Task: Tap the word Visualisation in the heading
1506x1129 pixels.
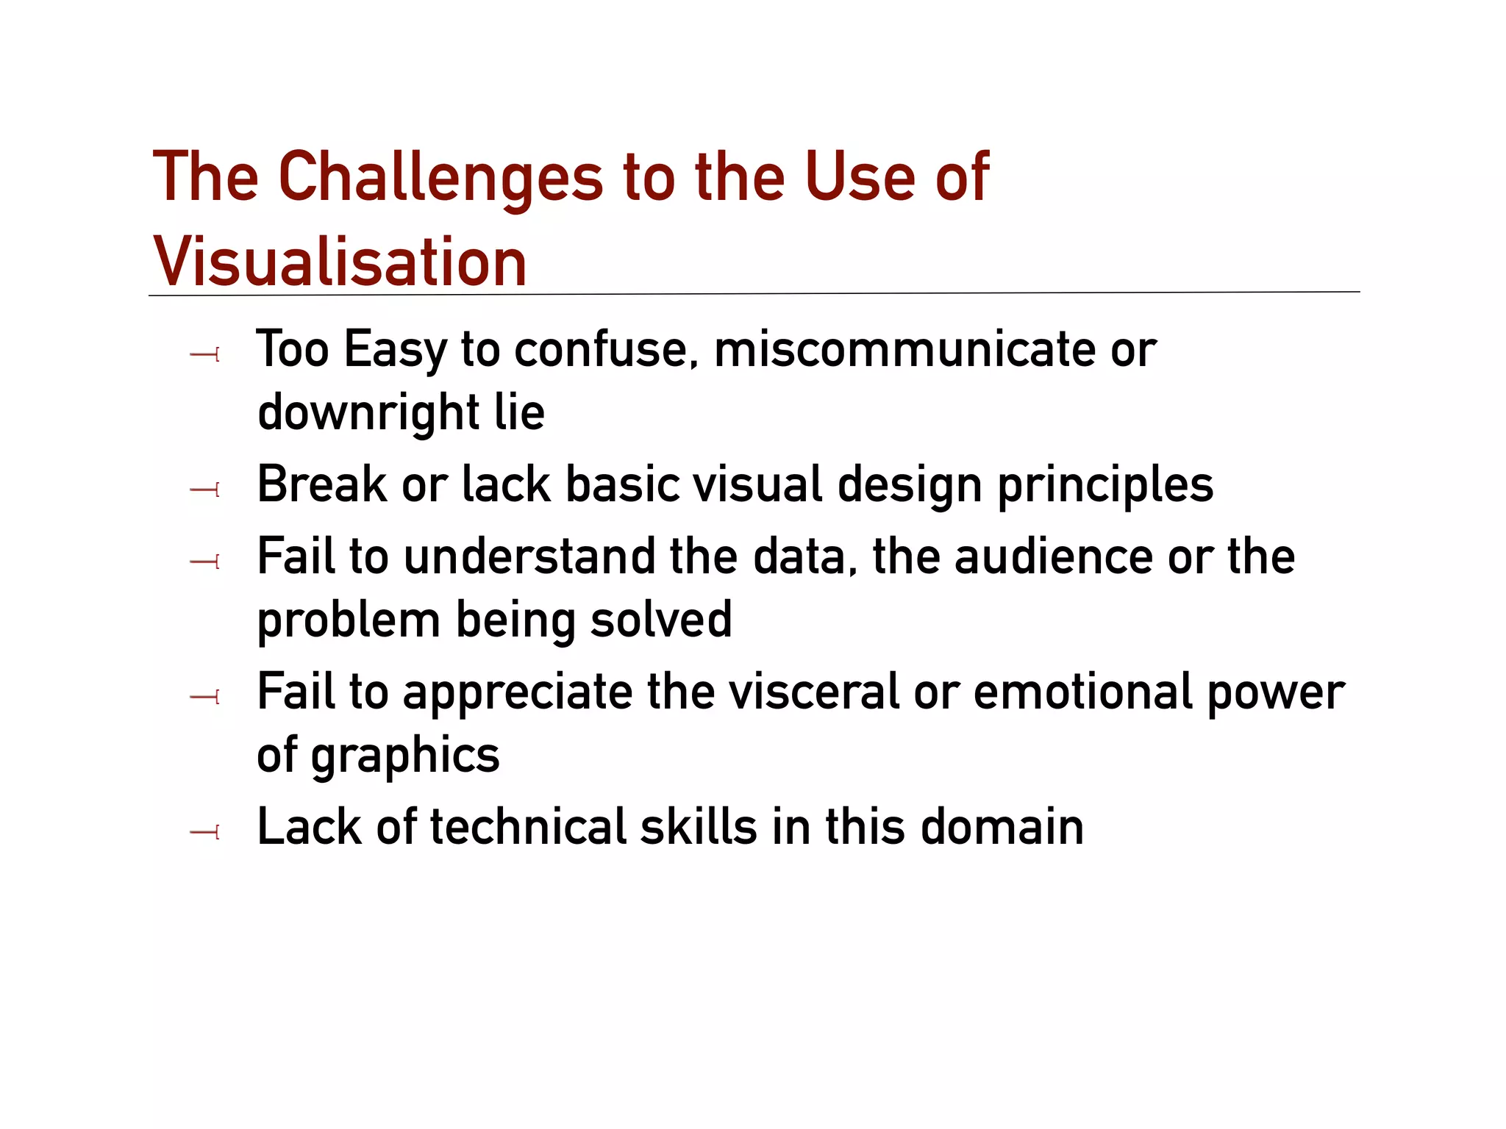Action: point(340,262)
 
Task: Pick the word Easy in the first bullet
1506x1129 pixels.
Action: point(395,351)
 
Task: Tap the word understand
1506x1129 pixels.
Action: point(529,556)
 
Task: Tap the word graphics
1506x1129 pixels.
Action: point(405,757)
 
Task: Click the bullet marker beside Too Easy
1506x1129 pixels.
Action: point(205,356)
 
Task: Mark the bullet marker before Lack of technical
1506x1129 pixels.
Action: point(205,833)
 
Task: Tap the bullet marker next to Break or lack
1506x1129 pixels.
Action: point(205,490)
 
